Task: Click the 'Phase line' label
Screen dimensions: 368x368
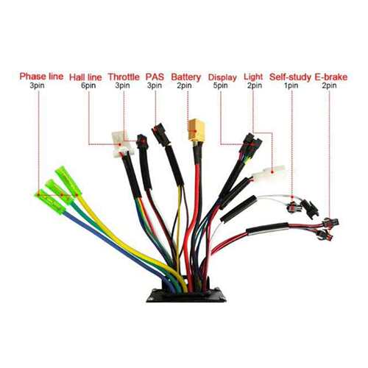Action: pos(41,77)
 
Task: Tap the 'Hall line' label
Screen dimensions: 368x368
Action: pos(85,77)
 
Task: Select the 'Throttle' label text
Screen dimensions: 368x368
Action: pos(124,77)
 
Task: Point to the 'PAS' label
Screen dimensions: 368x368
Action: pos(155,77)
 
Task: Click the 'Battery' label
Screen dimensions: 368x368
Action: pos(186,77)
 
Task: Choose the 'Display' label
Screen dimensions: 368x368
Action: pos(222,77)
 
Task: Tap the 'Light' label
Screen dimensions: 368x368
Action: pos(253,77)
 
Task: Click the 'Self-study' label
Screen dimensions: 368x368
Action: pos(290,77)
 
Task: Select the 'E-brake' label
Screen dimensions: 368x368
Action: pos(331,77)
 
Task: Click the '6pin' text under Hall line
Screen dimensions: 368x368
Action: pos(88,85)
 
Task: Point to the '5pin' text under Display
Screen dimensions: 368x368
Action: pos(220,85)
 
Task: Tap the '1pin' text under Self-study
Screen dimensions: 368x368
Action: pos(291,85)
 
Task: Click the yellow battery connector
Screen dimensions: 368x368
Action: pos(197,130)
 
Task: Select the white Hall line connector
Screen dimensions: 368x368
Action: pos(121,144)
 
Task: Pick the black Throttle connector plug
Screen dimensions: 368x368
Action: pos(142,141)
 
